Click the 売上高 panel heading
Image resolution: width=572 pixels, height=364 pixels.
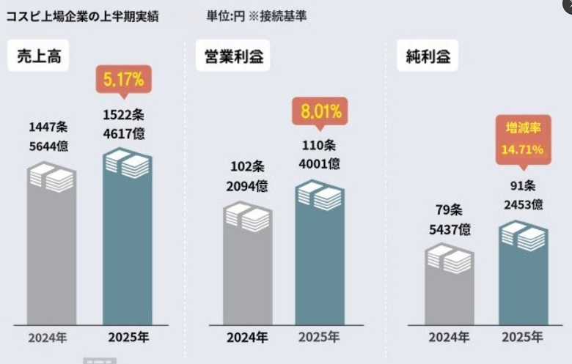[x=38, y=56]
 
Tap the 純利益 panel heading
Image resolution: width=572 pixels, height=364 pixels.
[x=428, y=56]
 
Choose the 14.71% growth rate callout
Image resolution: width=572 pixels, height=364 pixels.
[x=522, y=139]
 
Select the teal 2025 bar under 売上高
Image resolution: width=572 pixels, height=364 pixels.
[x=127, y=242]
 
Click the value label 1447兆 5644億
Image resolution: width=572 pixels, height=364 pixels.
[x=48, y=136]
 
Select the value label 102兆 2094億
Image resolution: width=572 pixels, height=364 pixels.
[x=246, y=177]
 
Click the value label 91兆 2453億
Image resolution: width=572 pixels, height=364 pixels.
[x=522, y=195]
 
